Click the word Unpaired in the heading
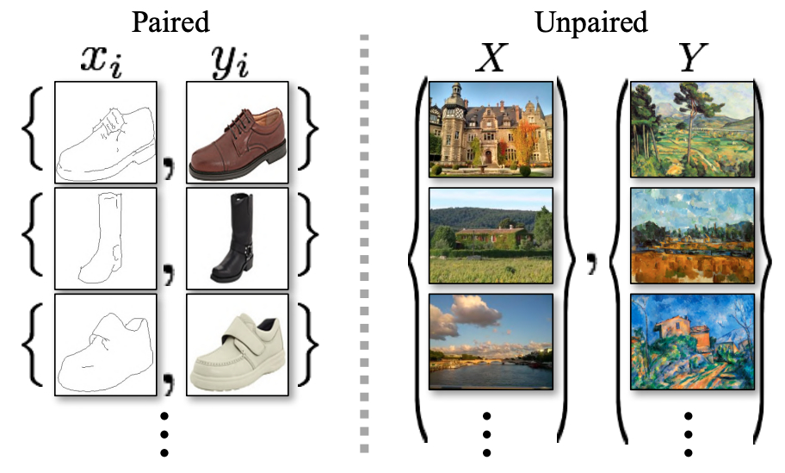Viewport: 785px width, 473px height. click(590, 21)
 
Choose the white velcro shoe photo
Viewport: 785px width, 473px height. click(235, 345)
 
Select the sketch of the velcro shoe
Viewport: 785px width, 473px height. click(105, 345)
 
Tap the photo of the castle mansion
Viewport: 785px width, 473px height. click(490, 128)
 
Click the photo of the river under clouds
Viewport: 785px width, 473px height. click(490, 342)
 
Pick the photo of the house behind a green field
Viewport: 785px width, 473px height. click(490, 236)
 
